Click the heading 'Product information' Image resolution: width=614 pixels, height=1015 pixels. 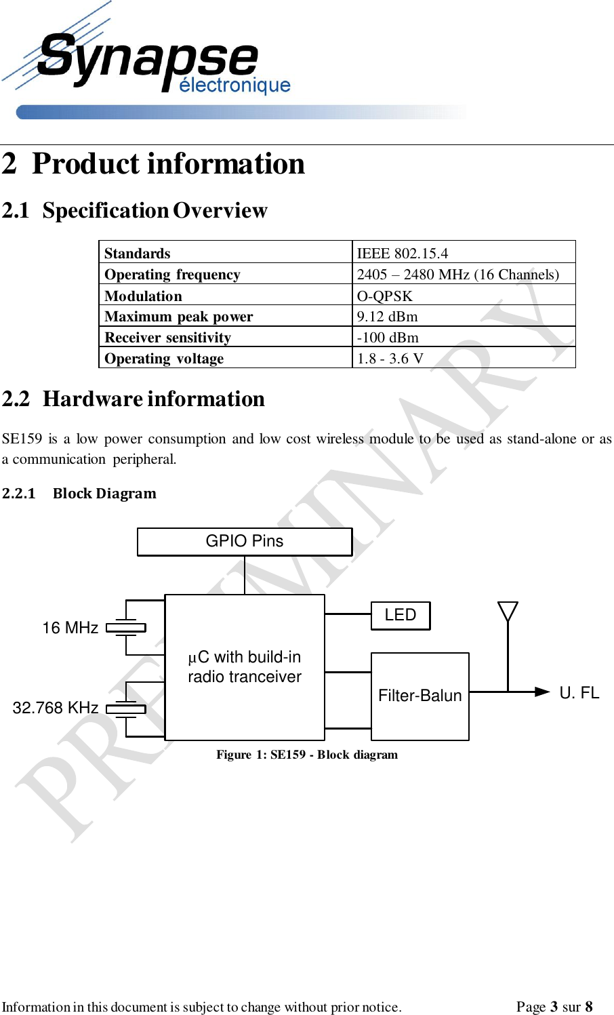[168, 164]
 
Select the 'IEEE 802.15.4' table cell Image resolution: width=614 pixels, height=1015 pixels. [403, 254]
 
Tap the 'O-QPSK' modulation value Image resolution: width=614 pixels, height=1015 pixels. [385, 296]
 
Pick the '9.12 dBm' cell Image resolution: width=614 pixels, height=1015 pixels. [388, 317]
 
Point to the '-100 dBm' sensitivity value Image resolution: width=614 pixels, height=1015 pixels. [388, 338]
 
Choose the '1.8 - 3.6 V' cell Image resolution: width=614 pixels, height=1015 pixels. [390, 359]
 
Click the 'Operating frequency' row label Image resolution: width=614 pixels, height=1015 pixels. [172, 275]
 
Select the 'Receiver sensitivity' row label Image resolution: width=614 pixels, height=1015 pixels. [168, 338]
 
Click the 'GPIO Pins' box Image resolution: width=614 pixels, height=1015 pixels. [245, 542]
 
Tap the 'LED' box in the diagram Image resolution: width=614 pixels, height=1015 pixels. [401, 616]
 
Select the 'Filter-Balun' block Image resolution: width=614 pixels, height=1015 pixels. [420, 696]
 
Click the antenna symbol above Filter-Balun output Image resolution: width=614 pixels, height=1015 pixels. [508, 612]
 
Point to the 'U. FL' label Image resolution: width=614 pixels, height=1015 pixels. [579, 693]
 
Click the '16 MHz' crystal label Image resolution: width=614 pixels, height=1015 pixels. [70, 629]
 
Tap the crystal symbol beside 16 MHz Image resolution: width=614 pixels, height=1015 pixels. [126, 628]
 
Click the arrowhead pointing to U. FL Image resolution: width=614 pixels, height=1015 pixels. [542, 692]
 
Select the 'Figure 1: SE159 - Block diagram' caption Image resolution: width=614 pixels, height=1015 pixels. [307, 755]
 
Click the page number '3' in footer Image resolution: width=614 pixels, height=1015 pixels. [554, 1007]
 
